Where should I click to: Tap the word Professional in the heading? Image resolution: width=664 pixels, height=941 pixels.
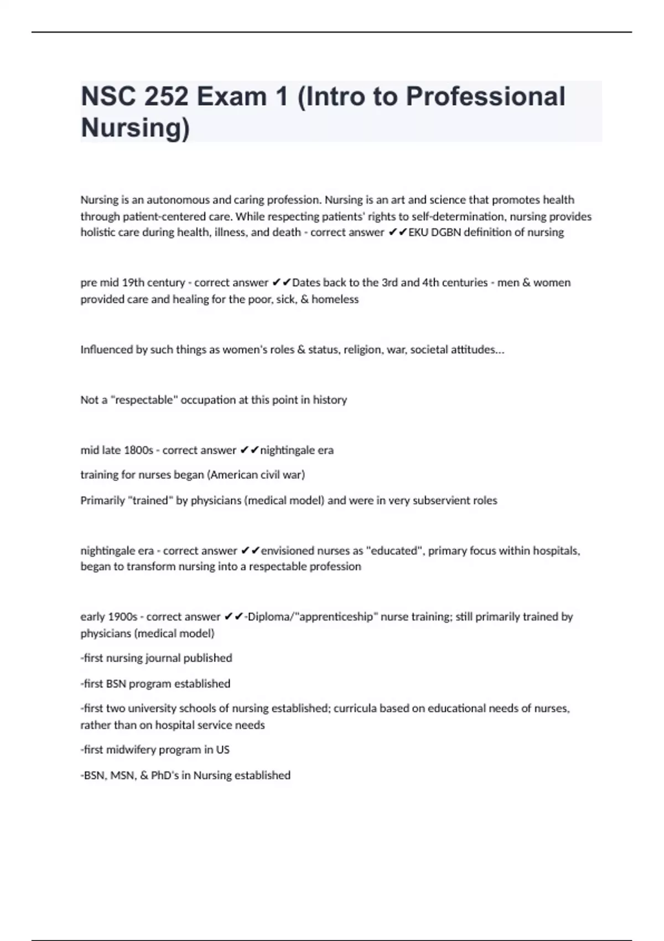pos(486,97)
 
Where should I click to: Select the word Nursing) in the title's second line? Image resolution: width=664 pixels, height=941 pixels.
pos(135,127)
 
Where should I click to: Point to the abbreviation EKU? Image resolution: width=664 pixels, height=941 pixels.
pos(418,232)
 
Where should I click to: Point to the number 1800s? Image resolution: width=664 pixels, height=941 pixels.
pos(138,450)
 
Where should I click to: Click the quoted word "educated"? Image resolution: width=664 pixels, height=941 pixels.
pos(394,551)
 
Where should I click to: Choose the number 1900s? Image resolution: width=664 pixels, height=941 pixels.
pos(123,617)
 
